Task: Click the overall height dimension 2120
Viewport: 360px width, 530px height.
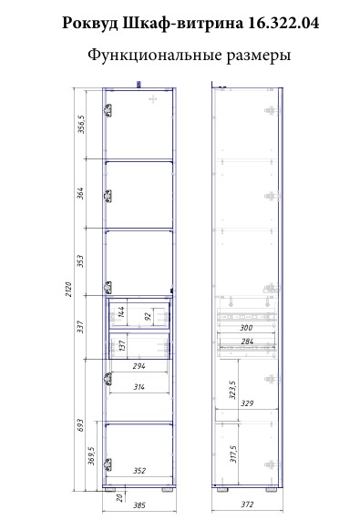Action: [x=68, y=289]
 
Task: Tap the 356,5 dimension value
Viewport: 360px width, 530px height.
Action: [x=81, y=125]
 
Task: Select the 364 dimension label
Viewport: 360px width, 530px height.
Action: [x=81, y=193]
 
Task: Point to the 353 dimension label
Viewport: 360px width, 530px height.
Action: [x=81, y=261]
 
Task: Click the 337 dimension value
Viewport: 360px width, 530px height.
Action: [x=81, y=327]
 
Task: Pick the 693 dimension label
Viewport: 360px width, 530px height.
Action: [x=81, y=426]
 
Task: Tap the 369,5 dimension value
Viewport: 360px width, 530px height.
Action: [x=92, y=455]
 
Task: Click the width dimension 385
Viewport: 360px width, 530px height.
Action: [x=139, y=505]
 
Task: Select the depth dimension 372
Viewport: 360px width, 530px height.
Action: [x=247, y=505]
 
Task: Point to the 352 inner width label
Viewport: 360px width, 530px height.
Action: [x=139, y=471]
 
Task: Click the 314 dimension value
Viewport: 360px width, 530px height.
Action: [x=139, y=387]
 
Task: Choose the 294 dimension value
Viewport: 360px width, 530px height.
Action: [x=139, y=366]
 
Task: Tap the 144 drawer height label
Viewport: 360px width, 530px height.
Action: [x=121, y=312]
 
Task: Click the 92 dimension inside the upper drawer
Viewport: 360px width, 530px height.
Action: [x=148, y=317]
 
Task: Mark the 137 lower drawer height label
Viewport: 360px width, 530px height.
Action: [x=122, y=345]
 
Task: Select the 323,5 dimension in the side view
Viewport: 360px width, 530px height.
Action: [x=233, y=390]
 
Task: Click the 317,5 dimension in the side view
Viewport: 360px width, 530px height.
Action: [x=233, y=454]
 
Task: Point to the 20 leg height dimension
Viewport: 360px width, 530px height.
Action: [x=119, y=498]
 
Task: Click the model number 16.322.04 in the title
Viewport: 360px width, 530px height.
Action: [x=283, y=24]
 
